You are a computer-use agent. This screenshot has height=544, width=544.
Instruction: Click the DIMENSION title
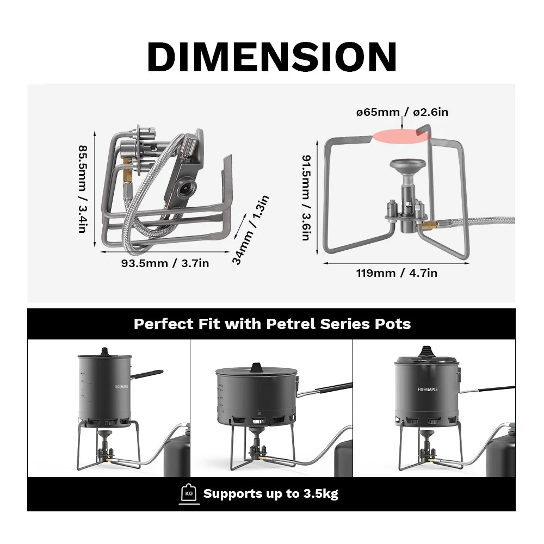point(271,57)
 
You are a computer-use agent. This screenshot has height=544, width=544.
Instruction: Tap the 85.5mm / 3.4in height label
point(82,189)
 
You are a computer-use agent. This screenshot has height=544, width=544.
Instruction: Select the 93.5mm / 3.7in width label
point(165,263)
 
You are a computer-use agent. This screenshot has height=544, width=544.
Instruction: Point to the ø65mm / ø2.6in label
point(402,113)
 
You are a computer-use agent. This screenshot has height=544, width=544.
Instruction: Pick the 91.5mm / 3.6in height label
point(307,197)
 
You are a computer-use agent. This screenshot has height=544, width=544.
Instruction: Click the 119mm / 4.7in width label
point(397,273)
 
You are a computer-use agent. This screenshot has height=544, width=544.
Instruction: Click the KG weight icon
point(189,493)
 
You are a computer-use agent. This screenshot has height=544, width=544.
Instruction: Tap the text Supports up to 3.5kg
point(270,494)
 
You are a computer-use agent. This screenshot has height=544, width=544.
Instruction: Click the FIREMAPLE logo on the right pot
point(427,390)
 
